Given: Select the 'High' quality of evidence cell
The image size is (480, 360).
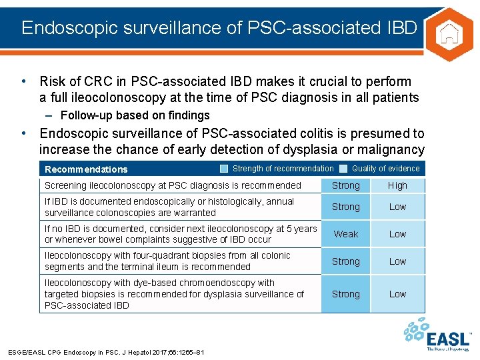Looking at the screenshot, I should point(397,185).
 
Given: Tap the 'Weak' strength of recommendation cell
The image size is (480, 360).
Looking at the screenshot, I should point(345,234).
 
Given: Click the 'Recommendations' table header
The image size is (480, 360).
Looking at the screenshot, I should point(86,169).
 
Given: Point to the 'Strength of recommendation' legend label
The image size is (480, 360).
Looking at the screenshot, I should point(283,169).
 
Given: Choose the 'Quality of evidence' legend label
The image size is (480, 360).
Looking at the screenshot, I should point(385,169).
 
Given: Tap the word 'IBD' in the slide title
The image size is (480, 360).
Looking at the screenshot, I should point(401,28).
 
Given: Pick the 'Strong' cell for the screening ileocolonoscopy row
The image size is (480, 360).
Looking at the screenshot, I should point(345,185).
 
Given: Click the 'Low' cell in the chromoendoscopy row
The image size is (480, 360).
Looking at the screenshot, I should point(397,294).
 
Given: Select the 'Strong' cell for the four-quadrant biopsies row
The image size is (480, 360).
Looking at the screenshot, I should point(345,261).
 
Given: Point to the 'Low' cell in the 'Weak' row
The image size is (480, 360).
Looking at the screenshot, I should point(397,234).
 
